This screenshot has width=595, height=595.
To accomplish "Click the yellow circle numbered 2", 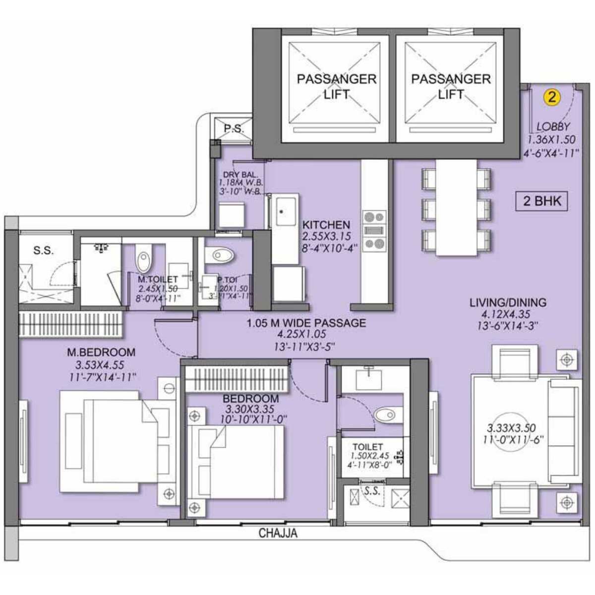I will (x=551, y=97).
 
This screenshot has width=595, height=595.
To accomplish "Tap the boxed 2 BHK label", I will (x=542, y=201).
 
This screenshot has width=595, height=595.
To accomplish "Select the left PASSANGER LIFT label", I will (x=336, y=86).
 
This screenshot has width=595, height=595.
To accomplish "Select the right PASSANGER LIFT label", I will (x=451, y=86).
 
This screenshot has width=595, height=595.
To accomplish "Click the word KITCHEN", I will (x=326, y=225).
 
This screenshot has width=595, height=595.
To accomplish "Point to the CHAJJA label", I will (x=278, y=534).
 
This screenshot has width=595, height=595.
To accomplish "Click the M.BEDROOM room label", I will (x=101, y=353).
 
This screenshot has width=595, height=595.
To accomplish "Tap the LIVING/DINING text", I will (x=508, y=302).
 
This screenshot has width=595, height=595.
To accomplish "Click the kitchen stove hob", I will (x=374, y=231).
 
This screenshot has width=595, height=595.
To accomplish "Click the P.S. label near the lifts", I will (x=233, y=128).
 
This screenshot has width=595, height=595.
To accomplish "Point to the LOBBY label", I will (x=553, y=127).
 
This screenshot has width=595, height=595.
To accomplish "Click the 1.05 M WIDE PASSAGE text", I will (x=306, y=323).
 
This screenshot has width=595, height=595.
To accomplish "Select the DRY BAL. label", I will (x=240, y=175).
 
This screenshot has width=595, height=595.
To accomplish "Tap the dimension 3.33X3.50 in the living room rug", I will (x=511, y=428).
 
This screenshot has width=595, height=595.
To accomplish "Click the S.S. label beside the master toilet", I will (x=43, y=250).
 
